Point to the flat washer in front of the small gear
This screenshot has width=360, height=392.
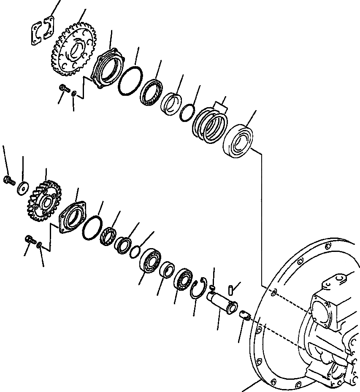pos(22,187)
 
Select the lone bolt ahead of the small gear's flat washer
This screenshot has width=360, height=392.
pos(8,181)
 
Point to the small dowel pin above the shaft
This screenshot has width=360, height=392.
pos(230,289)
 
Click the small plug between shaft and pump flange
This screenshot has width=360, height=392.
pos(245,314)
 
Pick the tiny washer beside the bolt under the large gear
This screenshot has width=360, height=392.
pos(74,94)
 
